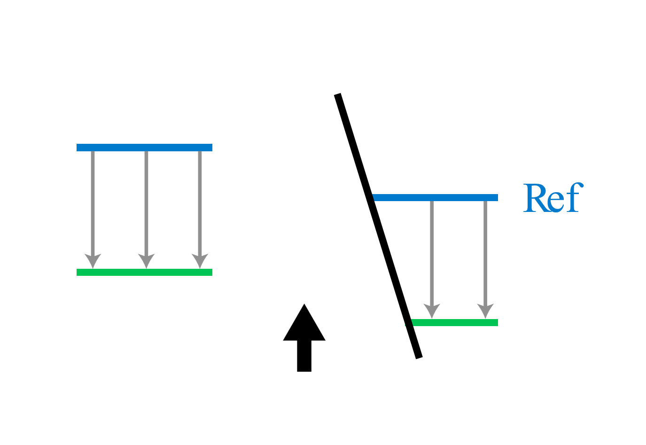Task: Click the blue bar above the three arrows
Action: (144, 148)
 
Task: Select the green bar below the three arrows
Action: (144, 273)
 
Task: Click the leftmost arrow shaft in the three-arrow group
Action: (93, 202)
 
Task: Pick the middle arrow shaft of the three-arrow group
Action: (146, 202)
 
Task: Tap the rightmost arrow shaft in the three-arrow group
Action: (200, 202)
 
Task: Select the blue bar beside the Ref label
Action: (436, 198)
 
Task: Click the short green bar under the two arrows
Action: (455, 323)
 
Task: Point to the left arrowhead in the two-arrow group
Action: (432, 311)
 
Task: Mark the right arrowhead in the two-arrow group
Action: (485, 311)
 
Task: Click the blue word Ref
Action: (553, 198)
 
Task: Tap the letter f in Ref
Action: (574, 197)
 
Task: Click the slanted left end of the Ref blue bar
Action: (375, 198)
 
